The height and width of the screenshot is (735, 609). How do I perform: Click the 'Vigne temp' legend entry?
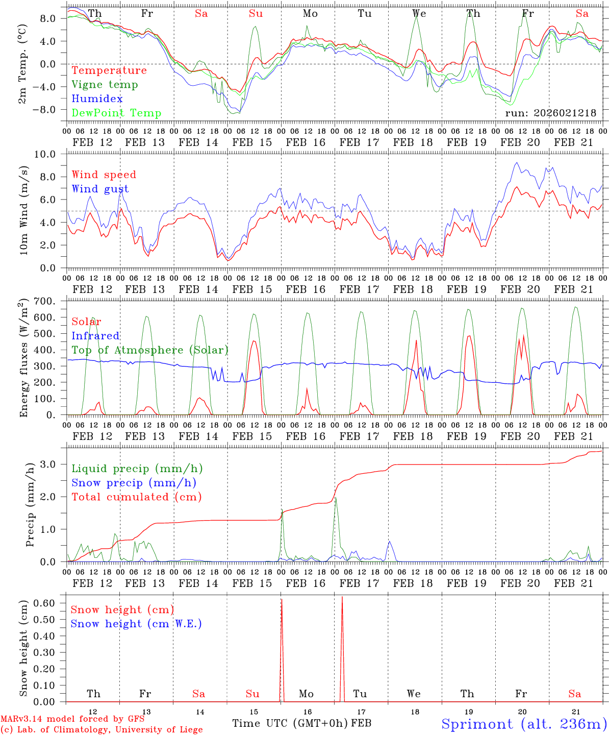(x=105, y=85)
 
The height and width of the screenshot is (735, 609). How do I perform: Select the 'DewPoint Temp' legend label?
(x=116, y=113)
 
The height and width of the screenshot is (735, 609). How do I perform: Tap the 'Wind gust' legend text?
(x=100, y=189)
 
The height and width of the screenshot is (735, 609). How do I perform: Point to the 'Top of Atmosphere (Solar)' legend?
(x=150, y=350)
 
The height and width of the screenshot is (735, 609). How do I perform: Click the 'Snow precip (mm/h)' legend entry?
(x=134, y=483)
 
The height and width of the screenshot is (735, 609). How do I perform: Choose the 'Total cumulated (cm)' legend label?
(x=136, y=497)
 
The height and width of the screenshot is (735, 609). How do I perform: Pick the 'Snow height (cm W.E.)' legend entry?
(x=136, y=624)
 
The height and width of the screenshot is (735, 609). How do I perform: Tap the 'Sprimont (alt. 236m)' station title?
(x=524, y=724)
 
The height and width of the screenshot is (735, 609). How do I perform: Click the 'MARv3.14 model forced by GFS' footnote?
(x=72, y=719)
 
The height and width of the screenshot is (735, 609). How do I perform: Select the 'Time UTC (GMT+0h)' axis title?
(x=290, y=723)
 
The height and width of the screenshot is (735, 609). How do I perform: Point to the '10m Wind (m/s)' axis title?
(x=23, y=211)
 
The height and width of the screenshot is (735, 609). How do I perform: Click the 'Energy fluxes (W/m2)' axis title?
(x=23, y=358)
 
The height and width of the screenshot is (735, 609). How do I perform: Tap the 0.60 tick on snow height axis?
(x=44, y=603)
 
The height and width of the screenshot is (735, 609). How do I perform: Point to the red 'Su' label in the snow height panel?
(x=252, y=694)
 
